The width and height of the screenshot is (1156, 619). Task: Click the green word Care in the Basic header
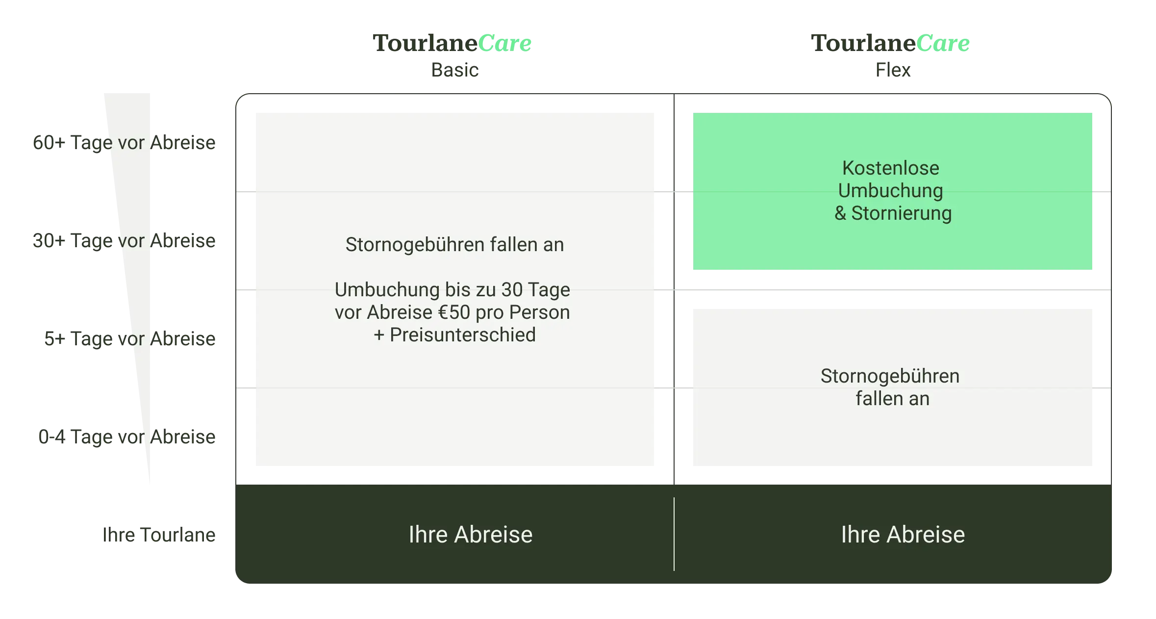click(x=505, y=44)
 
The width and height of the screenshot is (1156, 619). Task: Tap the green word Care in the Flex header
click(x=944, y=44)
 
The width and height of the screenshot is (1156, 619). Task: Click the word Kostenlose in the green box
click(x=890, y=168)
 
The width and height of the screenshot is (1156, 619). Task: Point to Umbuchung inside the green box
click(x=890, y=191)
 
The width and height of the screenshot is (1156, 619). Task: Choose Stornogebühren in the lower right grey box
click(x=890, y=376)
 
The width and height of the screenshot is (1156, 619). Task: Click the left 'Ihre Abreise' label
click(x=470, y=535)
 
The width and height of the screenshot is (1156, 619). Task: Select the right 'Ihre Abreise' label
click(x=903, y=535)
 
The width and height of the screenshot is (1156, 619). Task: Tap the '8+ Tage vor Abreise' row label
click(x=129, y=339)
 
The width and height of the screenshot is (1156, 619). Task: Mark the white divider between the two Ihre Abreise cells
click(x=674, y=534)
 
